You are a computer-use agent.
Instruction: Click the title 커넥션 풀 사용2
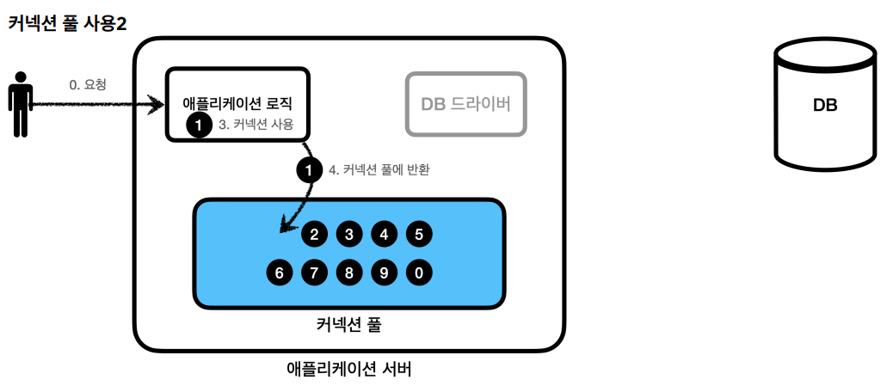(68, 23)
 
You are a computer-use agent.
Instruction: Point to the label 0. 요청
(88, 85)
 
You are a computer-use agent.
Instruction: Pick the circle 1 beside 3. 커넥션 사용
(199, 126)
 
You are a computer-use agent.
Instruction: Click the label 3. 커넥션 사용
(256, 125)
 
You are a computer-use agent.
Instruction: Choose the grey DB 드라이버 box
(465, 104)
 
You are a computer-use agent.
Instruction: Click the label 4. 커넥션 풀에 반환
(379, 169)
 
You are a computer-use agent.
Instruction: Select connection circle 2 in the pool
(315, 233)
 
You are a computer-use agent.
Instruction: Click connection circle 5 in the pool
(418, 233)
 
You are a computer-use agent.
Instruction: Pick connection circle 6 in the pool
(280, 273)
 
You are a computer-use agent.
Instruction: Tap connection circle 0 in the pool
(418, 273)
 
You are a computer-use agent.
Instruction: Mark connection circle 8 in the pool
(349, 273)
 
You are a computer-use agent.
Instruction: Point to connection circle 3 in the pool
(349, 233)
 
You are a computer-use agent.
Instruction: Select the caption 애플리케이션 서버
(348, 371)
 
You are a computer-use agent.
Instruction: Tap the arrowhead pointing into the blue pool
(285, 229)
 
